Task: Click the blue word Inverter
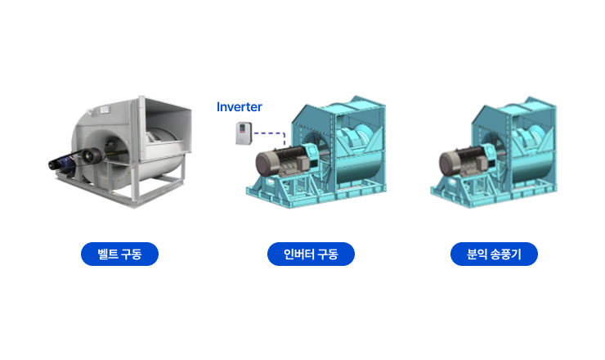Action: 240,106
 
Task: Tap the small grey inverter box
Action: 244,133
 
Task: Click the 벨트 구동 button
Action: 119,254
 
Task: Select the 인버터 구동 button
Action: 311,254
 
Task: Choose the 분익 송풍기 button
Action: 494,254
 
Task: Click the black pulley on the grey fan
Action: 92,155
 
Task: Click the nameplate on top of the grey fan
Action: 105,110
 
